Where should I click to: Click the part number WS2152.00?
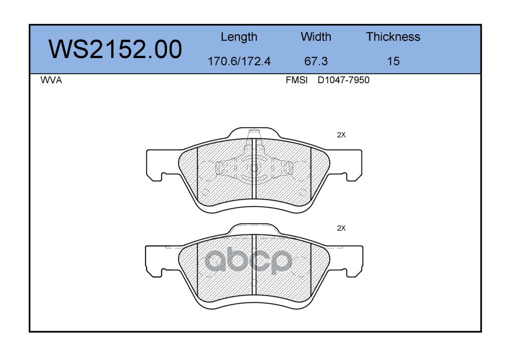[115, 49]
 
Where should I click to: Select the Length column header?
[239, 37]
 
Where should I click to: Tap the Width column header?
[316, 36]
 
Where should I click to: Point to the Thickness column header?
[393, 36]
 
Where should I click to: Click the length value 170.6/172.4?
[239, 61]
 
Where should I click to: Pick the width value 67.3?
[316, 61]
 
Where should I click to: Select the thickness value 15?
[393, 61]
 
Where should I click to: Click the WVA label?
[51, 80]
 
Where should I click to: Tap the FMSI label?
[297, 80]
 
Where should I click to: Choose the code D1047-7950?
[344, 80]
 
